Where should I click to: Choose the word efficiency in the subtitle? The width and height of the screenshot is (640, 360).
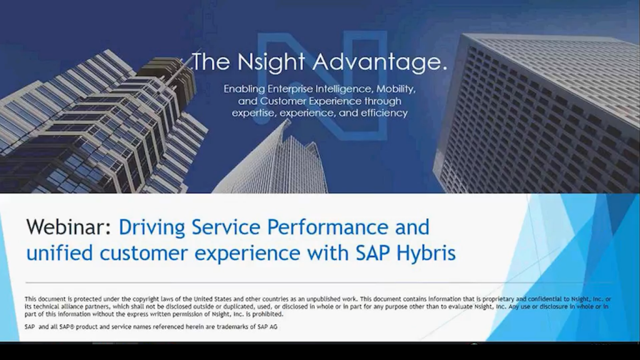point(382,113)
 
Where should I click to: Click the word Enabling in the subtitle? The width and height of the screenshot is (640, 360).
point(244,89)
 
